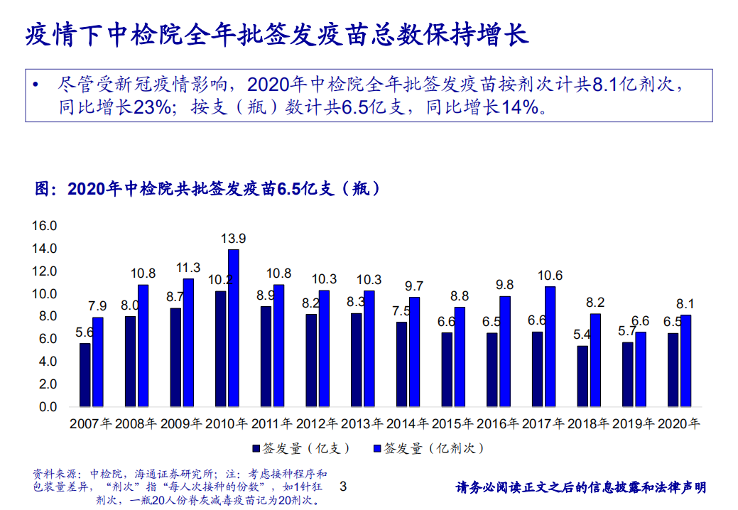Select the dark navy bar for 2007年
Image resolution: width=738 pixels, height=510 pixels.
[x=85, y=375]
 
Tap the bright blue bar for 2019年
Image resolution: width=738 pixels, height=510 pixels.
[x=641, y=369]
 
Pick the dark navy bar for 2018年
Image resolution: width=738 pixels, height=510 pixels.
[x=582, y=376]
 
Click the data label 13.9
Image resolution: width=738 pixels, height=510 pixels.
[x=233, y=239]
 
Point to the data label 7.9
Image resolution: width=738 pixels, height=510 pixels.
[x=97, y=306]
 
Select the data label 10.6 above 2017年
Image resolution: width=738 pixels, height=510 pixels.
[x=550, y=276]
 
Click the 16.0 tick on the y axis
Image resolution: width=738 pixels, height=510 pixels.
[x=43, y=226]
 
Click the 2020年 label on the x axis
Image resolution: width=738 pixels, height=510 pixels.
[x=679, y=424]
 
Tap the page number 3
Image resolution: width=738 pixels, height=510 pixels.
[x=344, y=487]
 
